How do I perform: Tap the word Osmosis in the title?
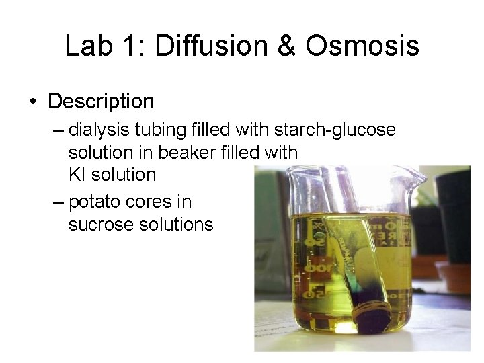362,46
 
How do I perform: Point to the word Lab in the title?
89,46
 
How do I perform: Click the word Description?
101,102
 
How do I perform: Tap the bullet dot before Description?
32,102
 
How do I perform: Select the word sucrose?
101,225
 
